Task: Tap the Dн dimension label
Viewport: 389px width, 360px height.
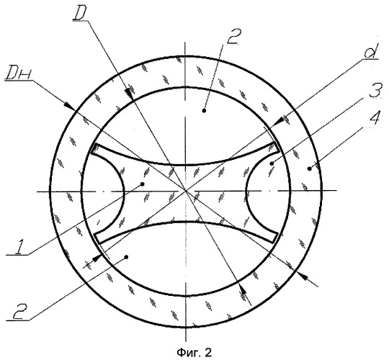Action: (18, 73)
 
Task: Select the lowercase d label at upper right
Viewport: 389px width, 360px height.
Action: (370, 51)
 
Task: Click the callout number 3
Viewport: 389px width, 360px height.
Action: (375, 91)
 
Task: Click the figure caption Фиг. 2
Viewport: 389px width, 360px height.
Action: (194, 352)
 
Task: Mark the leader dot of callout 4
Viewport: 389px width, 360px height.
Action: (309, 168)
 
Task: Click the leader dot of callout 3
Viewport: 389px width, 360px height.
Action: (272, 163)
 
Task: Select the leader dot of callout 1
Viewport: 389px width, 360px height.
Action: (142, 184)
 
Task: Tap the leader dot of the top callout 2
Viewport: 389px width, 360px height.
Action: (204, 111)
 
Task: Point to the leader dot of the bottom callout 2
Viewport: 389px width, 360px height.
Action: (126, 257)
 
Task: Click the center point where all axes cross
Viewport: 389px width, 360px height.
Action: (186, 191)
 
